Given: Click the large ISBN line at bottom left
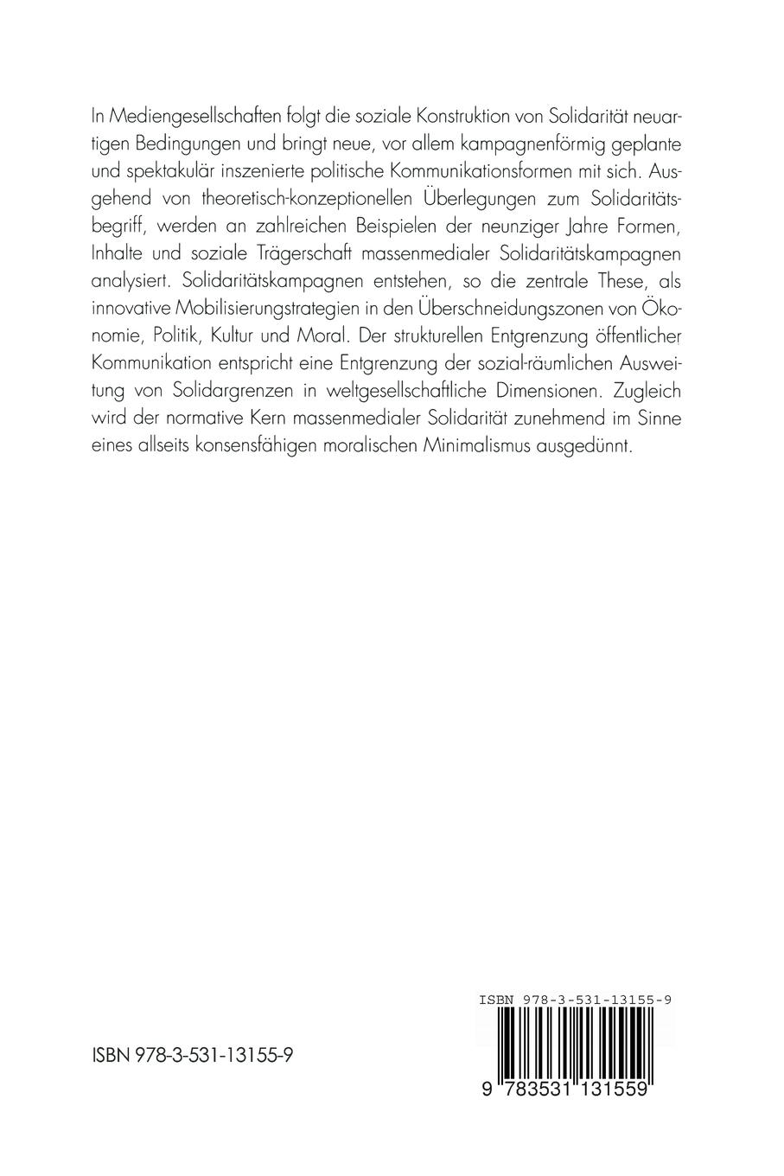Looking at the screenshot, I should coord(193,1056).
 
